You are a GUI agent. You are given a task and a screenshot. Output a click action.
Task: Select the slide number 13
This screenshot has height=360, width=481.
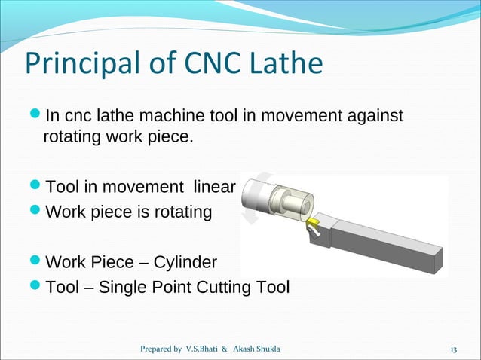pyautogui.click(x=454, y=350)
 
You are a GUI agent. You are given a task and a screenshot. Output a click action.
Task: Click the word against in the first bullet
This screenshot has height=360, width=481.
pyautogui.click(x=376, y=116)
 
